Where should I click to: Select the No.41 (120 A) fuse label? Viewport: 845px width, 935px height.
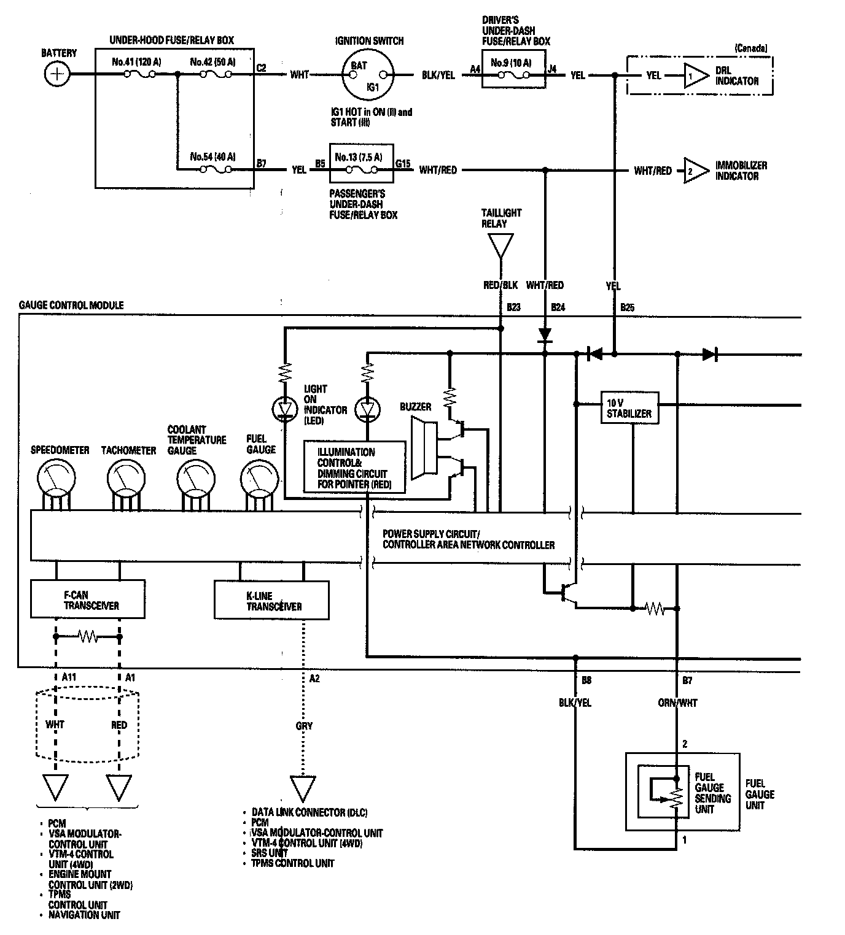pyautogui.click(x=136, y=62)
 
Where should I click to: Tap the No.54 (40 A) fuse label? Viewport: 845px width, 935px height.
pyautogui.click(x=212, y=156)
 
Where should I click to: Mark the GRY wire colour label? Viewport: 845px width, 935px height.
pyautogui.click(x=304, y=726)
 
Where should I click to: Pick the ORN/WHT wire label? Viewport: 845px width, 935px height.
pyautogui.click(x=677, y=703)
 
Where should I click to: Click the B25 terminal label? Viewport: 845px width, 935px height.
pyautogui.click(x=627, y=307)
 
